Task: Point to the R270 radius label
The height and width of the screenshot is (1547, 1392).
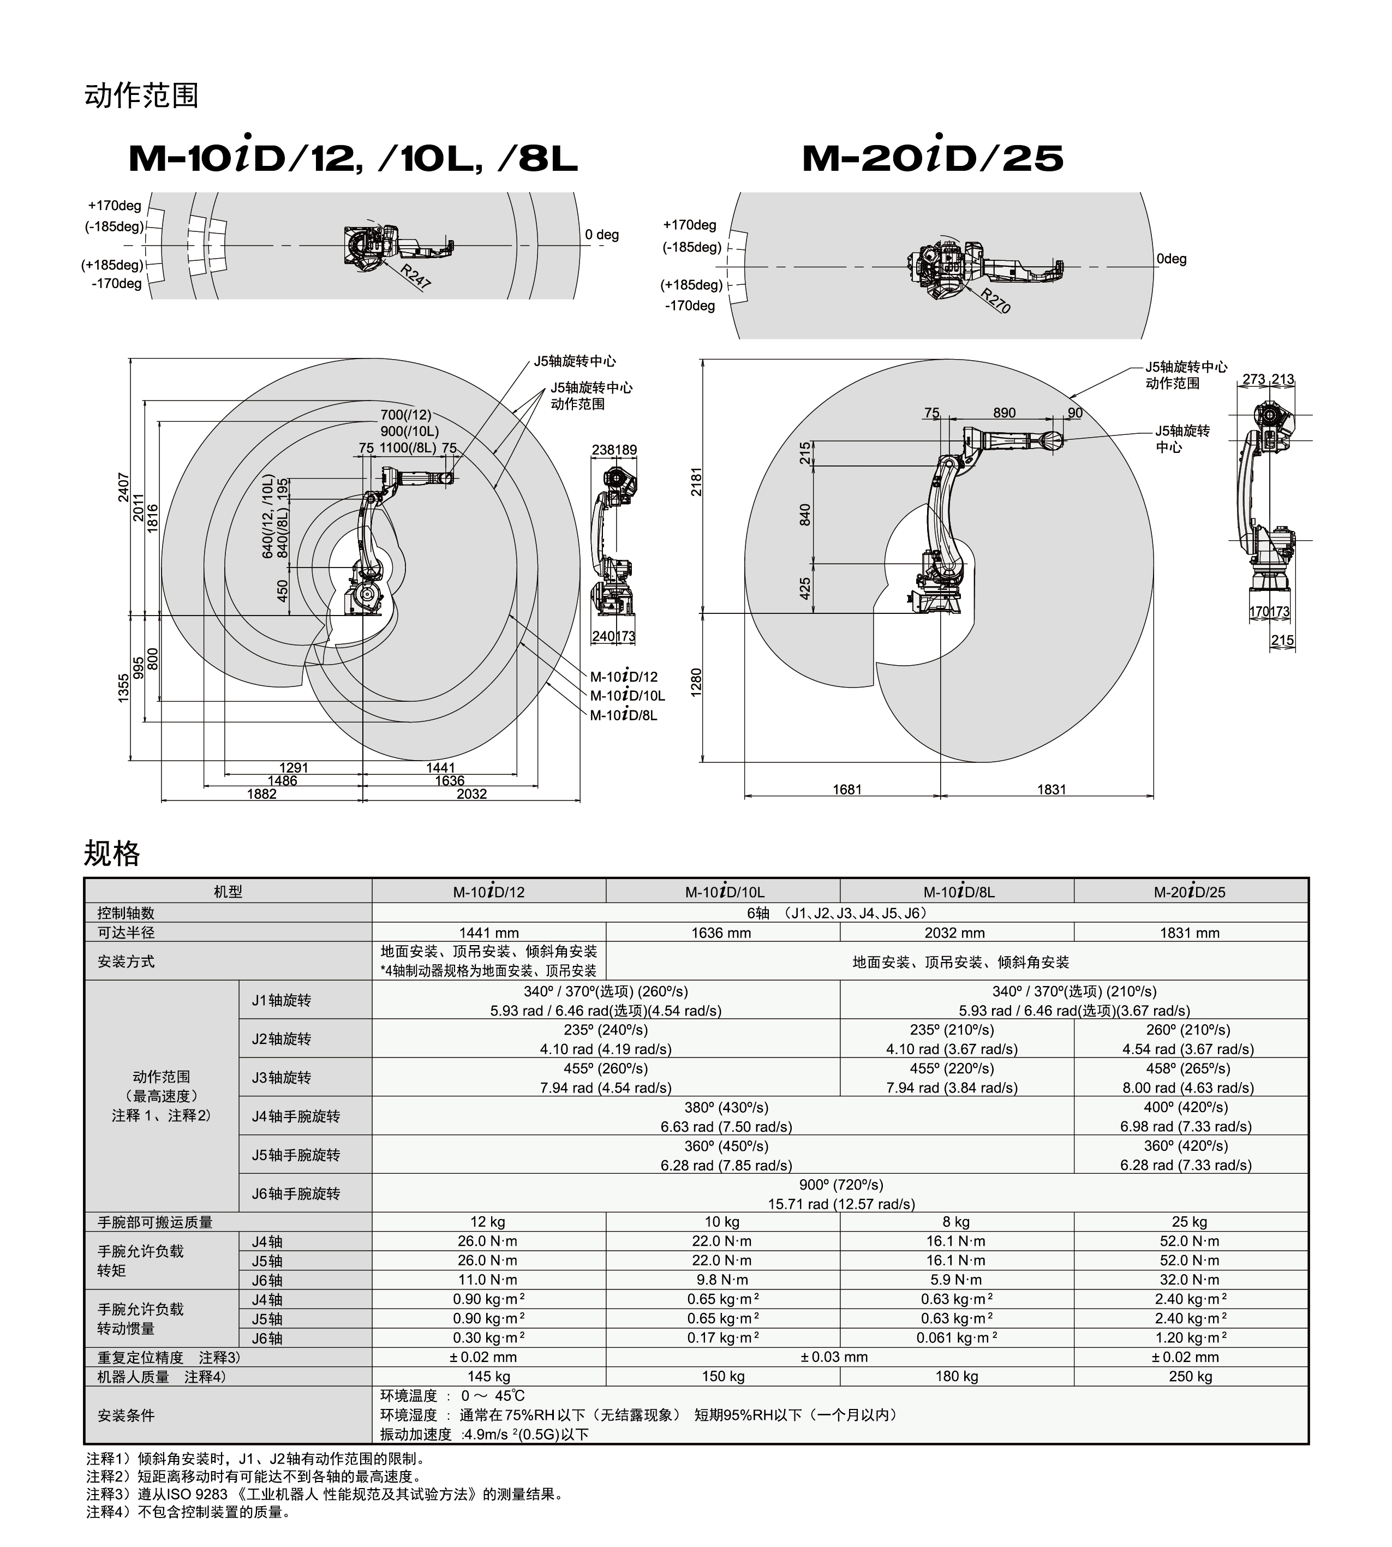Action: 996,301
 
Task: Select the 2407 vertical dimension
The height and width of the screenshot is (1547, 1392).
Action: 124,487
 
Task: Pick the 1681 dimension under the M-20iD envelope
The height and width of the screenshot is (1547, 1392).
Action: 847,789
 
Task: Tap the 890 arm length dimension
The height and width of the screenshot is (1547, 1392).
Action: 1004,413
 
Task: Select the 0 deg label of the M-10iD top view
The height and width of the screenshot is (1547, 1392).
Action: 602,235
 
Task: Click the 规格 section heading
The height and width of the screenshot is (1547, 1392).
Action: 112,853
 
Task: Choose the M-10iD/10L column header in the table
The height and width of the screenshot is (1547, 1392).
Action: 724,892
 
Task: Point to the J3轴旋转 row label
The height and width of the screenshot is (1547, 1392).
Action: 282,1078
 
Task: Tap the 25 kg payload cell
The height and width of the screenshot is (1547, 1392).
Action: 1190,1222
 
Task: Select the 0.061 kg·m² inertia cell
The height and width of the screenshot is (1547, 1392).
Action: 956,1337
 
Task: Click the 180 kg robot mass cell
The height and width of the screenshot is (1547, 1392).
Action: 956,1376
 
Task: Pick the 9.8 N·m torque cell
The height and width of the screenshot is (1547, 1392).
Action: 722,1280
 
